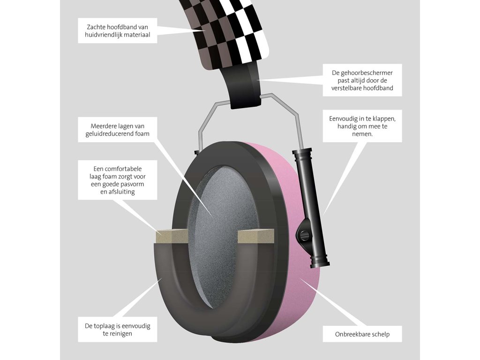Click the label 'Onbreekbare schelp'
pos(362,334)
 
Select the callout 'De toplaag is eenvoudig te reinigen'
pos(118,330)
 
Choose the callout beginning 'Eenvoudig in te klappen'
pos(362,126)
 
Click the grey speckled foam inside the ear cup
pos(220,202)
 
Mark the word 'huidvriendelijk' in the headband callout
pos(106,35)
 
